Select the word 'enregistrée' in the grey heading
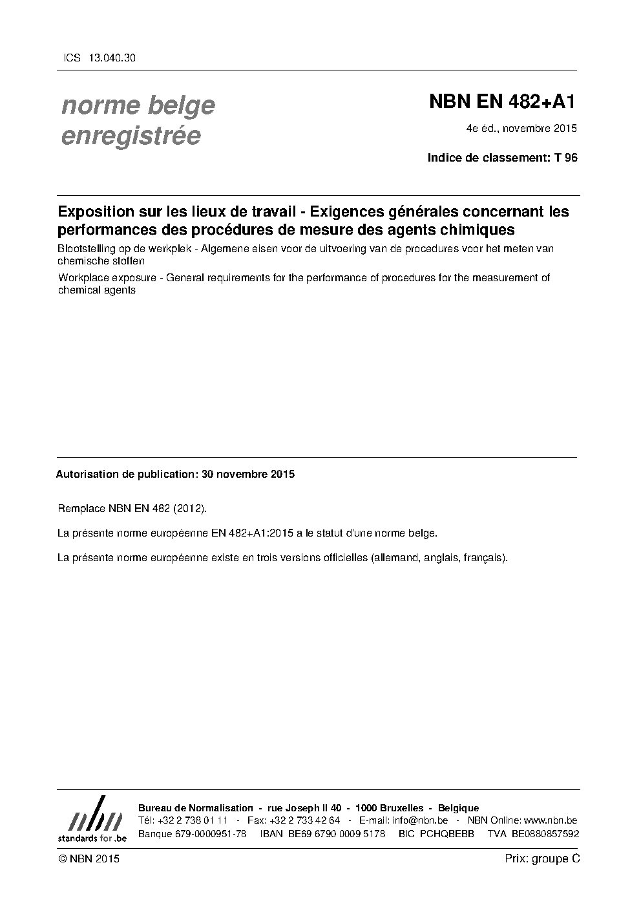(x=131, y=136)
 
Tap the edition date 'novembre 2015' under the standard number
(x=540, y=128)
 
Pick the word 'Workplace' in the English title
(x=82, y=278)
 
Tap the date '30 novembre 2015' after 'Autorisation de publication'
(x=248, y=474)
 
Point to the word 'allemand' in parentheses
(x=395, y=557)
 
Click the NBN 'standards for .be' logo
(x=92, y=819)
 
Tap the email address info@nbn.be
(x=420, y=820)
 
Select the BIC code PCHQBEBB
(x=447, y=833)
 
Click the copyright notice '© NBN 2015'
(x=89, y=859)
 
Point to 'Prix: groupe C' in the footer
(x=542, y=859)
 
